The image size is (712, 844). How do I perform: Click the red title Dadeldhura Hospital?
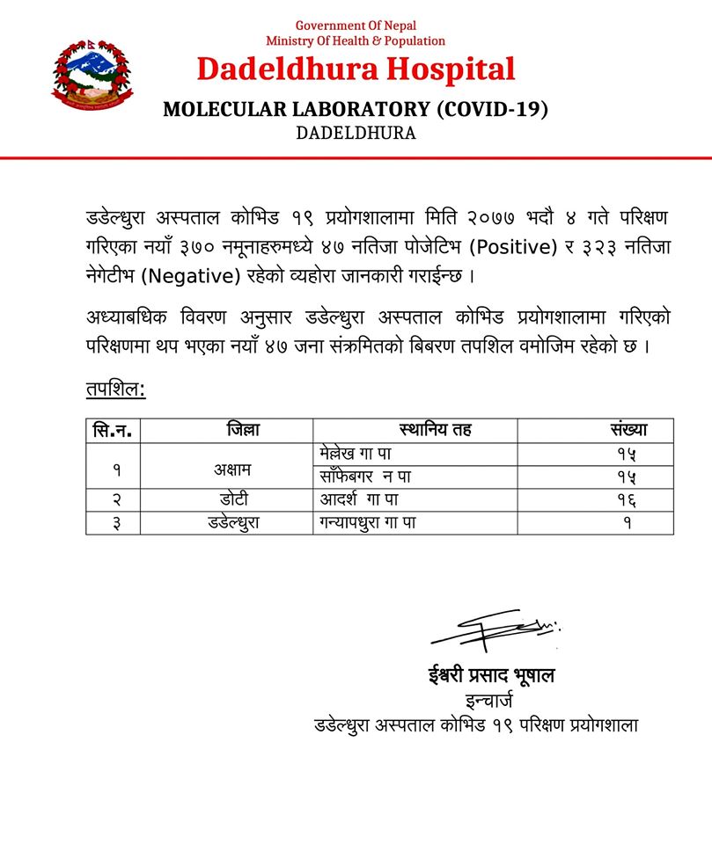[x=356, y=69]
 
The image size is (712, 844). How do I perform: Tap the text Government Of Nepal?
[x=356, y=25]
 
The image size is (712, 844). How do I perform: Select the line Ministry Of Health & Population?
[x=356, y=40]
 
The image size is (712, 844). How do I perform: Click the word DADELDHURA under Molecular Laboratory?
[x=356, y=134]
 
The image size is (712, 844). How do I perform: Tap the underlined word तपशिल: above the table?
[x=115, y=388]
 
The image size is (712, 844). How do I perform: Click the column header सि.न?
[x=117, y=431]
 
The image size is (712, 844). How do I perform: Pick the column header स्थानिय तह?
[x=435, y=431]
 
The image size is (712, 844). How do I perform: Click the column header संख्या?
[x=628, y=431]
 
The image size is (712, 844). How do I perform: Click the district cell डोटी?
[x=232, y=501]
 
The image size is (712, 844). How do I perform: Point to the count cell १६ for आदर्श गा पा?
[x=627, y=501]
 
